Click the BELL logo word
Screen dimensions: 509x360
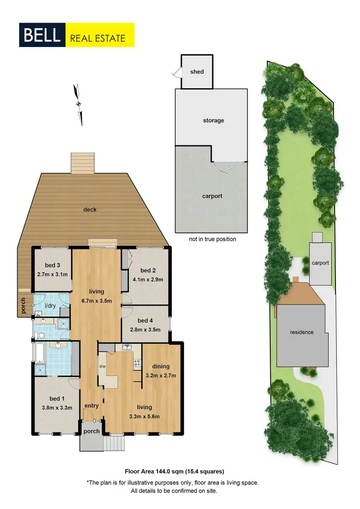(x=41, y=35)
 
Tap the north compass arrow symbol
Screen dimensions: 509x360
(x=78, y=104)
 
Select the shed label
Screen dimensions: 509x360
(x=197, y=72)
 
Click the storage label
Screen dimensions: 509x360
(x=213, y=120)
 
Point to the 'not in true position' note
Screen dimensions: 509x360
(x=213, y=239)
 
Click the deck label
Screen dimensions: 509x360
(x=90, y=210)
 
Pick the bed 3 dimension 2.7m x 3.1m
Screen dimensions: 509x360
(x=52, y=275)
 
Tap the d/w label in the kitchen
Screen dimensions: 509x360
(x=102, y=367)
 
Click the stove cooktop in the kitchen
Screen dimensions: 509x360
(x=137, y=362)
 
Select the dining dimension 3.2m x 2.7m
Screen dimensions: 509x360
(x=161, y=375)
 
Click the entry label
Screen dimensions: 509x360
(x=91, y=406)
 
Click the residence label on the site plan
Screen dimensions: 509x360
(x=301, y=332)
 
